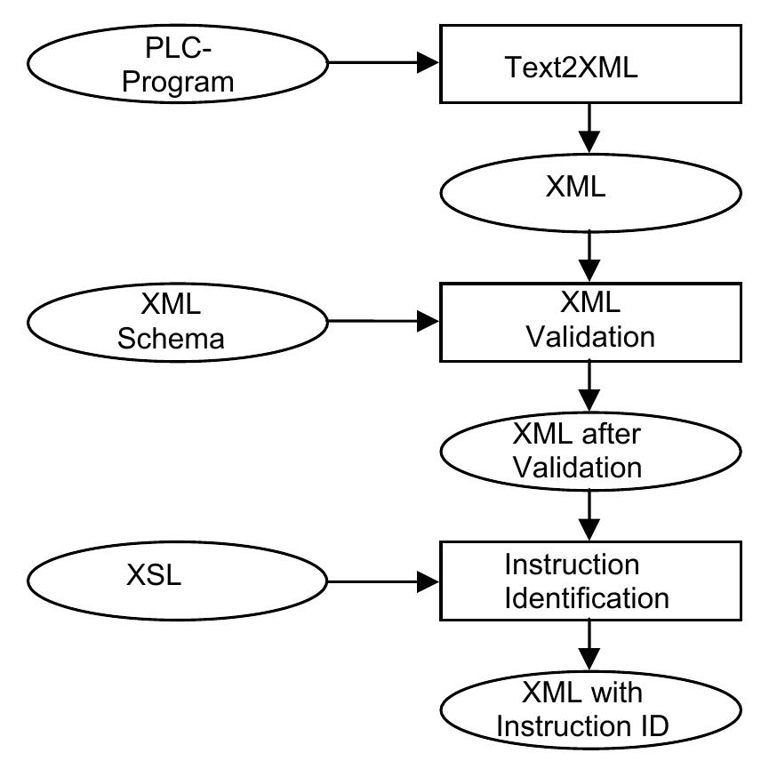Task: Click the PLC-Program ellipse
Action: [x=178, y=65]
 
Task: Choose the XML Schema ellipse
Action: [x=178, y=322]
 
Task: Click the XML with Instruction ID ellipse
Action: [x=589, y=710]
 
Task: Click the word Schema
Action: [x=170, y=339]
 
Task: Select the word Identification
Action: [x=587, y=598]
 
